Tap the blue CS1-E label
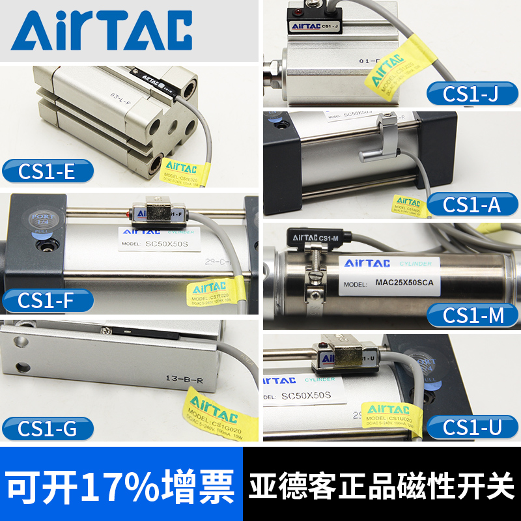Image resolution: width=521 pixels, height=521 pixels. [48, 173]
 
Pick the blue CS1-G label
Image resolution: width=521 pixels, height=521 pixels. [48, 429]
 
